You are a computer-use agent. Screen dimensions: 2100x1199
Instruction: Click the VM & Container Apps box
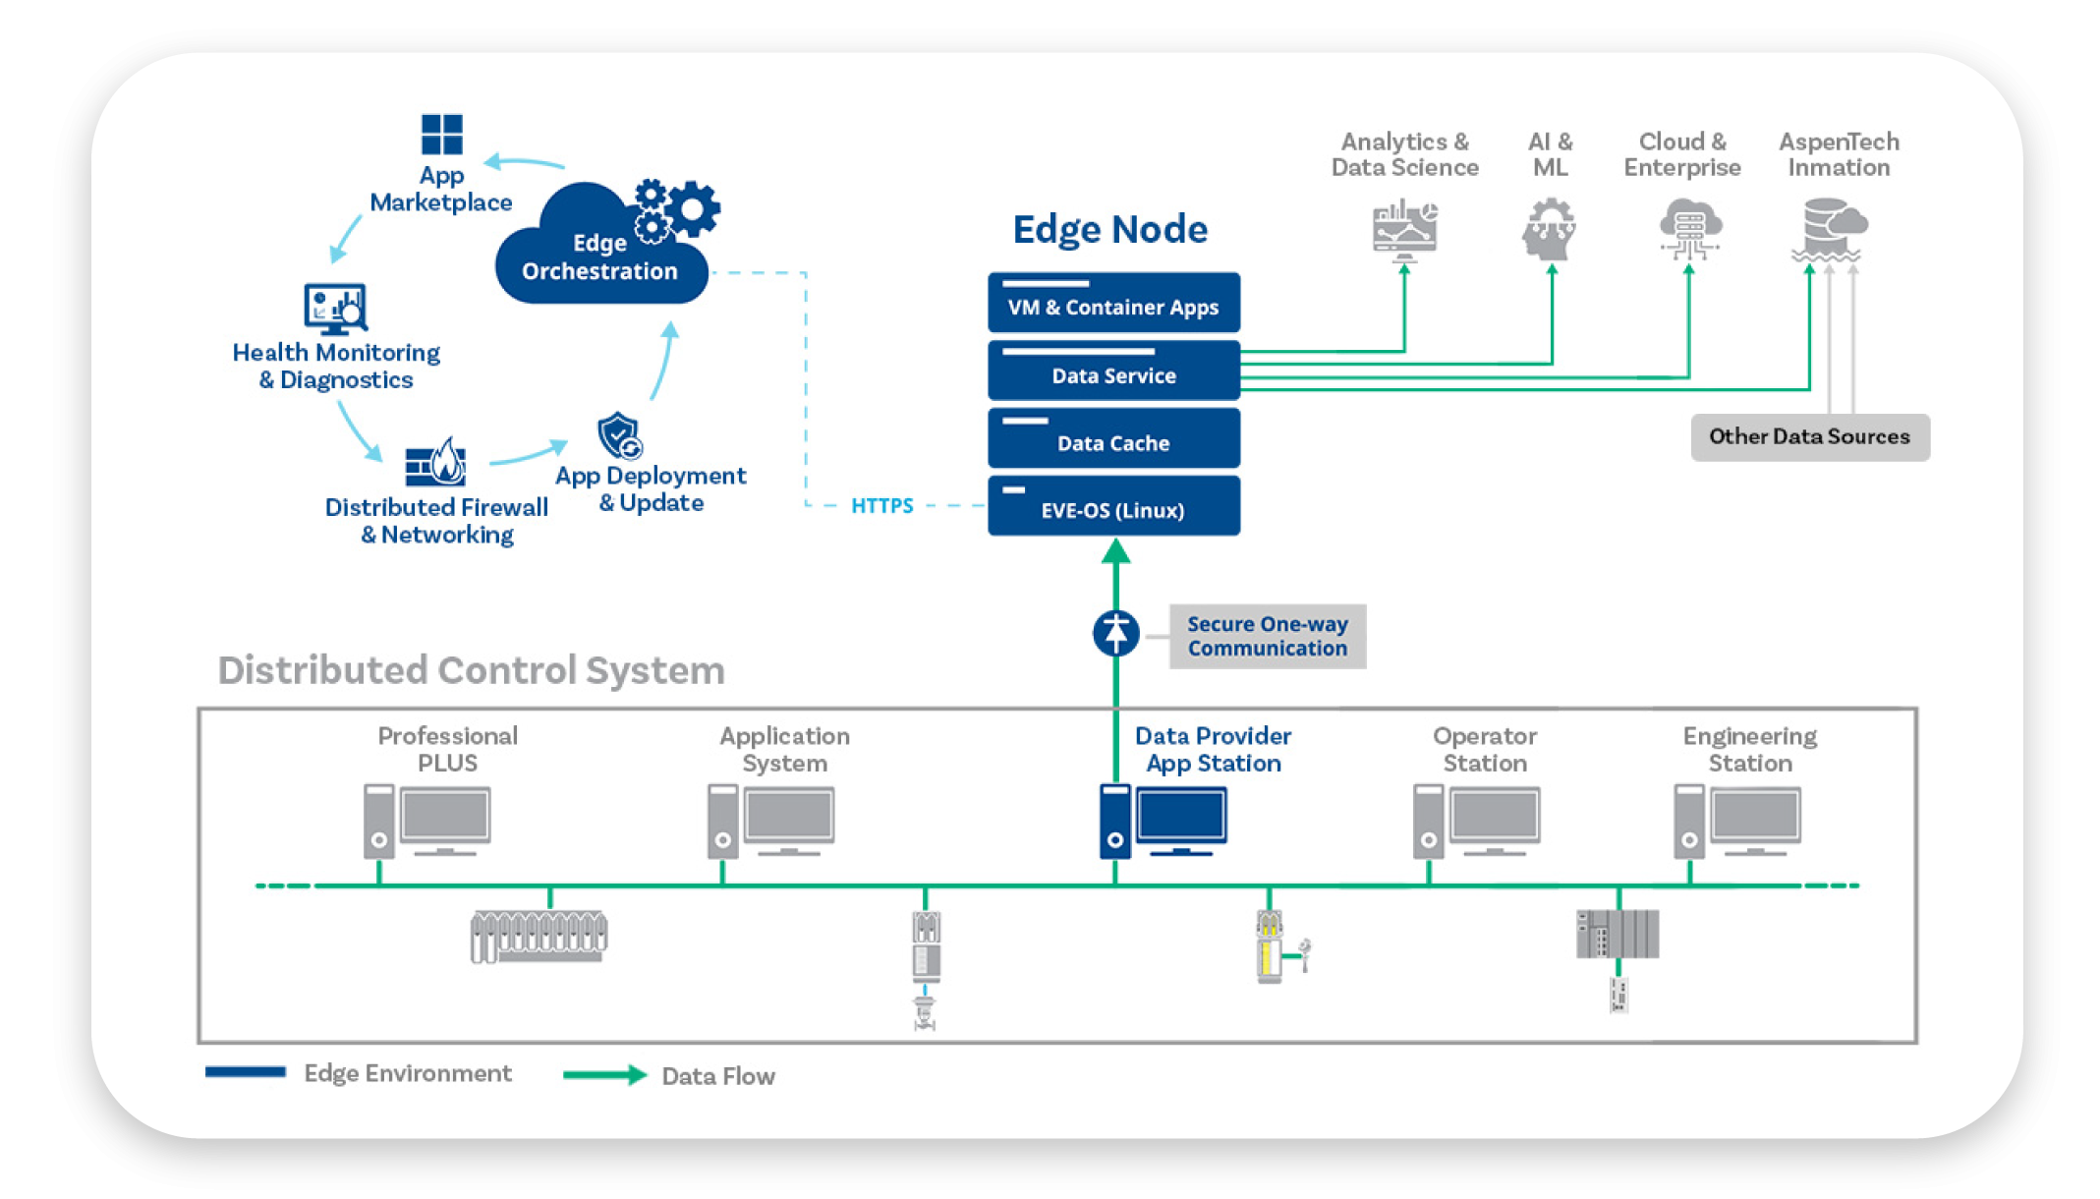(1113, 303)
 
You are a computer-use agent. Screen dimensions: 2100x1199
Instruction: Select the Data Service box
(1113, 371)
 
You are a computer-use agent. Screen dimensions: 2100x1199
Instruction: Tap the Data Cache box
(1113, 438)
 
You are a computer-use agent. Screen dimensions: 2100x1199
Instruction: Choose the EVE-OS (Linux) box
(1113, 506)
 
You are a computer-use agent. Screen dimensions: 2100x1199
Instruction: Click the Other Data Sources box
(1810, 437)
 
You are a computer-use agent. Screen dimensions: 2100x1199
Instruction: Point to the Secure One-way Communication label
(1267, 637)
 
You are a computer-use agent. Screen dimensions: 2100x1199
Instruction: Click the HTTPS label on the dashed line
(881, 505)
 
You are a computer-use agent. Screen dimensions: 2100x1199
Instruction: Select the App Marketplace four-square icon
(441, 135)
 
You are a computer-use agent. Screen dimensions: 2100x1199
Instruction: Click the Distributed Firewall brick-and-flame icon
(435, 462)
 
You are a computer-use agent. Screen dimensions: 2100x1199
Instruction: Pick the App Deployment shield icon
(620, 435)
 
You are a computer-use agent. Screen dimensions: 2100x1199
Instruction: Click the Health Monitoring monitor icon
(335, 309)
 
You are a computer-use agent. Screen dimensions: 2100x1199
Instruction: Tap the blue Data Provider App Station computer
(1164, 821)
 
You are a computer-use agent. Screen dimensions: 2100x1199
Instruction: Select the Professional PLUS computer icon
(426, 821)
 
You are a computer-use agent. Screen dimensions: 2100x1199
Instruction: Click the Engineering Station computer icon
(1737, 821)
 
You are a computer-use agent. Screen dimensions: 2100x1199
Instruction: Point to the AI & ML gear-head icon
(1550, 229)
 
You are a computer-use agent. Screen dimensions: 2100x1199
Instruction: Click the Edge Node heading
(1110, 229)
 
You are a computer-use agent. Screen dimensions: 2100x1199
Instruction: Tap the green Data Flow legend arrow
(604, 1075)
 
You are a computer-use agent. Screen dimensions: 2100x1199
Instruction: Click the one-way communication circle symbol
(1116, 633)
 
